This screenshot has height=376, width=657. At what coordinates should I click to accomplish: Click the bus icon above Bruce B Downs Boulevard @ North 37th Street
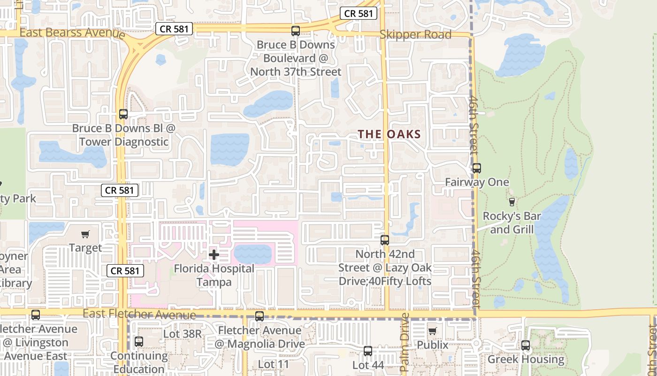click(x=296, y=31)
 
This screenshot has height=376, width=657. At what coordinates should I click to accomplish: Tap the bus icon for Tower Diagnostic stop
click(x=123, y=114)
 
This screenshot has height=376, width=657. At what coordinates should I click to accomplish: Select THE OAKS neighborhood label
click(x=390, y=134)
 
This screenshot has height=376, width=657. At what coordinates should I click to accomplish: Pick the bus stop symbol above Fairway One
click(x=477, y=168)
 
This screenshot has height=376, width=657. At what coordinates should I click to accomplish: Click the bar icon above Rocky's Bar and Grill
click(x=512, y=202)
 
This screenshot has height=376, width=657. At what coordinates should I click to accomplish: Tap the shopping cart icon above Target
click(x=85, y=234)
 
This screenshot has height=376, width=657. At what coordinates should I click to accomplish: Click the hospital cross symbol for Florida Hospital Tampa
click(x=214, y=255)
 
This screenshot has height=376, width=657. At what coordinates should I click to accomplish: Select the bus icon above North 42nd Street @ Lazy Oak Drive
click(x=385, y=240)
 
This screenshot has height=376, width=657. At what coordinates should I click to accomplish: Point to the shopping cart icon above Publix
click(x=433, y=331)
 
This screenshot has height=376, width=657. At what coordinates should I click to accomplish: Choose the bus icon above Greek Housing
click(x=526, y=345)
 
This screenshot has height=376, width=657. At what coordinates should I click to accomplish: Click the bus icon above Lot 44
click(x=368, y=351)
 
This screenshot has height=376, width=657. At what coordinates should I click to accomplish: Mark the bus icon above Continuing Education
click(x=139, y=342)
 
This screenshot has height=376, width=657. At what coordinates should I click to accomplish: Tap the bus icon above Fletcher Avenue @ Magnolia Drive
click(x=260, y=316)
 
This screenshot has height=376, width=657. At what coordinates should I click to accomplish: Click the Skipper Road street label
click(x=415, y=34)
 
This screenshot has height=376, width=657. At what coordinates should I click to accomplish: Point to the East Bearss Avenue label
click(x=72, y=32)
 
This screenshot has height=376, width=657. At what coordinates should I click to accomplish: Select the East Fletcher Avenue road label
click(x=139, y=314)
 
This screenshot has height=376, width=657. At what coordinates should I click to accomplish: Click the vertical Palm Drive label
click(x=405, y=343)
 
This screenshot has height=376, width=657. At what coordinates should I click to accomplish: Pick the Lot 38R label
click(x=183, y=334)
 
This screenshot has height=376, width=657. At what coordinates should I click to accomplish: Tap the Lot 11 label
click(x=274, y=364)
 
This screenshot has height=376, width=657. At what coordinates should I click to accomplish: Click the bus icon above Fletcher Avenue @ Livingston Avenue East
click(x=36, y=315)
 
